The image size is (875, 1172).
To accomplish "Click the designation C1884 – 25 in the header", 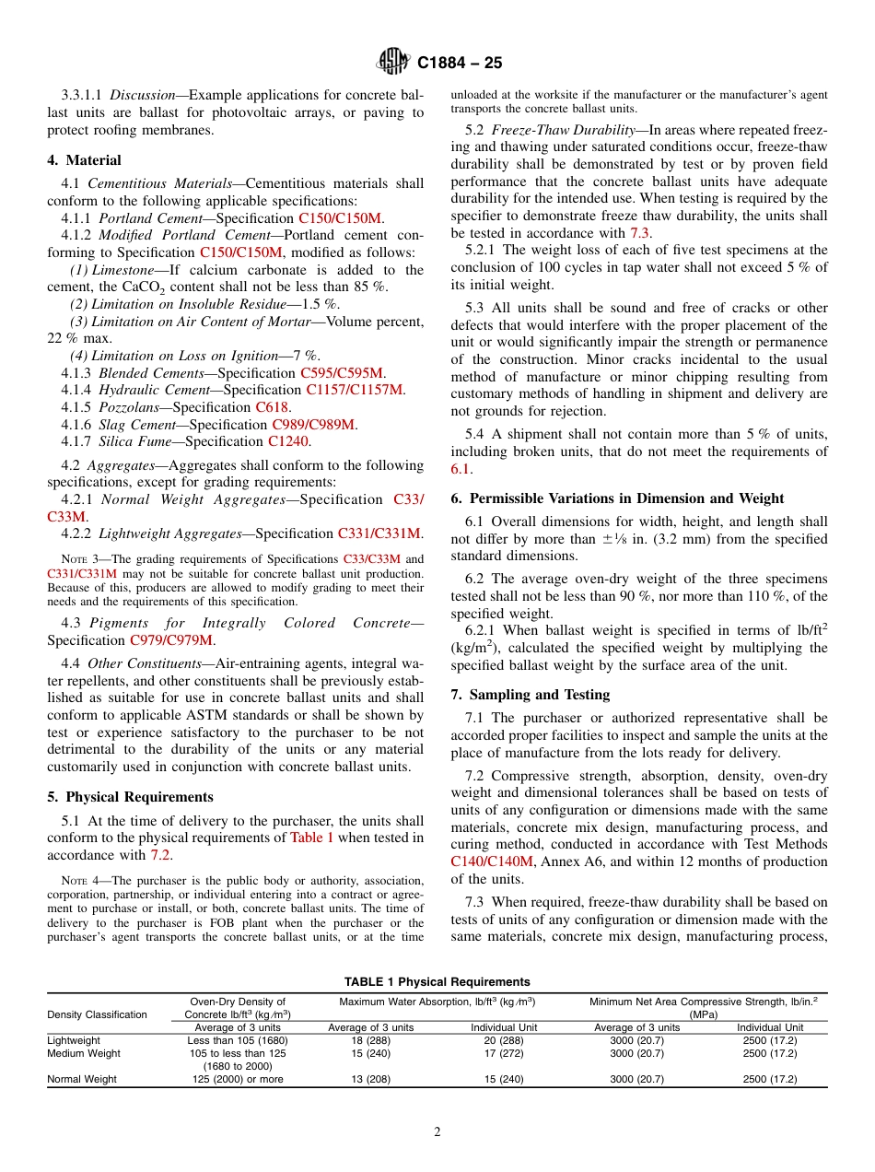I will pyautogui.click(x=460, y=64).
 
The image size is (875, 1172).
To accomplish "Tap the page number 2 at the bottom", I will pyautogui.click(x=437, y=1132).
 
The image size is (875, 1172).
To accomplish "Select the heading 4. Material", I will pyautogui.click(x=86, y=160).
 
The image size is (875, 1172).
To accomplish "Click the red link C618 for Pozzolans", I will pyautogui.click(x=273, y=407).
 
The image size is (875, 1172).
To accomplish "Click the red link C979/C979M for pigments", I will pyautogui.click(x=170, y=639).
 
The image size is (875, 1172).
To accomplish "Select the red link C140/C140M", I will pyautogui.click(x=492, y=861).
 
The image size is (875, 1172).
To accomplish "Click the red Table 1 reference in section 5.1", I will pyautogui.click(x=312, y=838).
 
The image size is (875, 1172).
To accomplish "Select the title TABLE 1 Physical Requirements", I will pyautogui.click(x=437, y=981).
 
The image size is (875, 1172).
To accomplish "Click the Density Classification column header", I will pyautogui.click(x=97, y=1014).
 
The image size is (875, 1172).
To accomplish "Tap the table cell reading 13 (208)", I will pyautogui.click(x=371, y=1079).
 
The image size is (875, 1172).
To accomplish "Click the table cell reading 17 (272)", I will pyautogui.click(x=505, y=1053).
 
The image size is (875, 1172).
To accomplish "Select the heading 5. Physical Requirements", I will pyautogui.click(x=130, y=797).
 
